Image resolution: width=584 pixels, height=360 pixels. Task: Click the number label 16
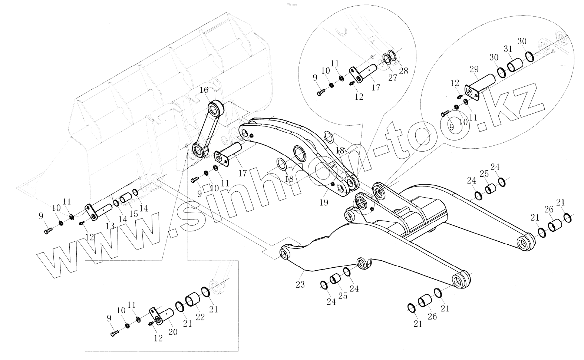tap(204, 90)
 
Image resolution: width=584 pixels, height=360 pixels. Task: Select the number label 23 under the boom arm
tap(300, 285)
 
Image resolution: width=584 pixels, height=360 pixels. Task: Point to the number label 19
tap(324, 202)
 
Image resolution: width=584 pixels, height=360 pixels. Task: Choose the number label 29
tap(474, 69)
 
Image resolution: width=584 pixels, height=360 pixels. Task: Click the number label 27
tap(392, 77)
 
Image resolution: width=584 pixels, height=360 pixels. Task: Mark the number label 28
tap(403, 71)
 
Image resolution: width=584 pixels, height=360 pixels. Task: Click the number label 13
tap(110, 226)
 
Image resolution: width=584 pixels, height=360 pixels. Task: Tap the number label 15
tap(133, 214)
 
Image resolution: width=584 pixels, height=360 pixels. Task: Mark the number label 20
tap(173, 332)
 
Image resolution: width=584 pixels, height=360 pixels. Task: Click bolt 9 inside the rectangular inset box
tap(115, 334)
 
